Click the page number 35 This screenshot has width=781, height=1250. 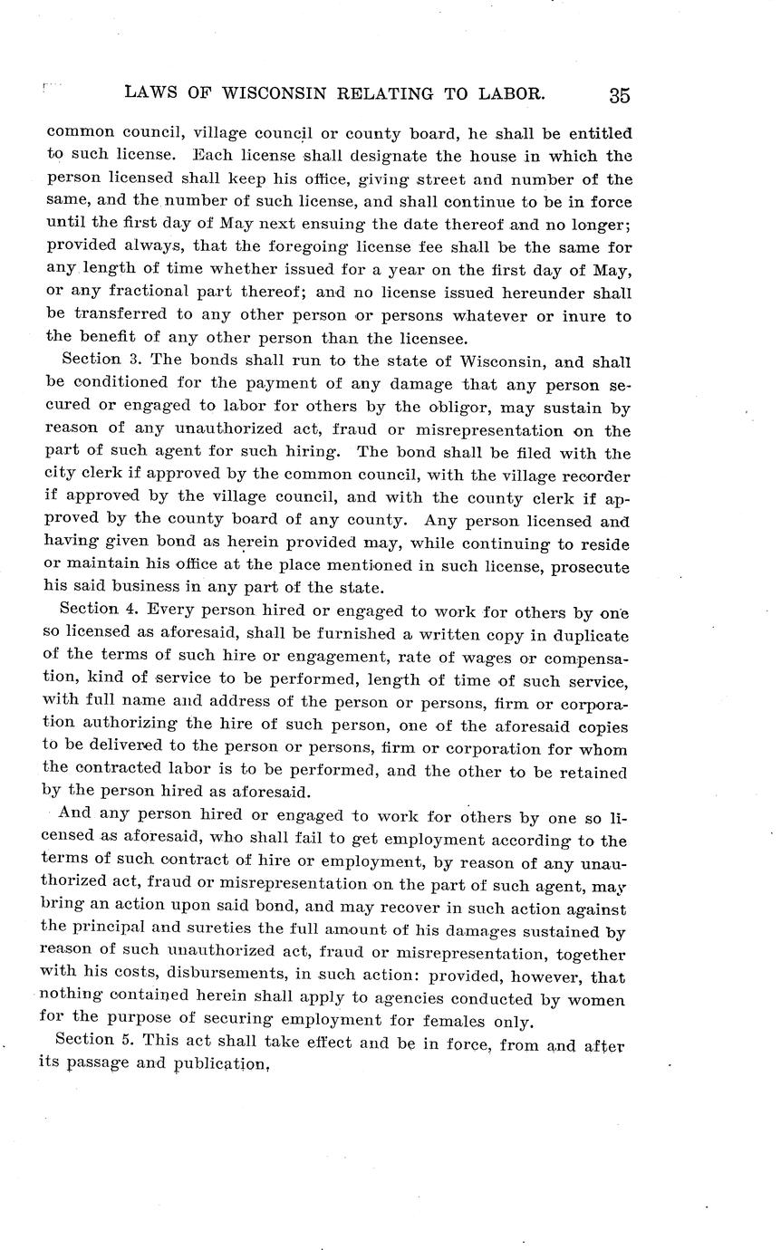pos(620,94)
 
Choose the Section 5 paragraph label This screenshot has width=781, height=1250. pos(90,1043)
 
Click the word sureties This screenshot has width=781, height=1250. pos(238,931)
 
